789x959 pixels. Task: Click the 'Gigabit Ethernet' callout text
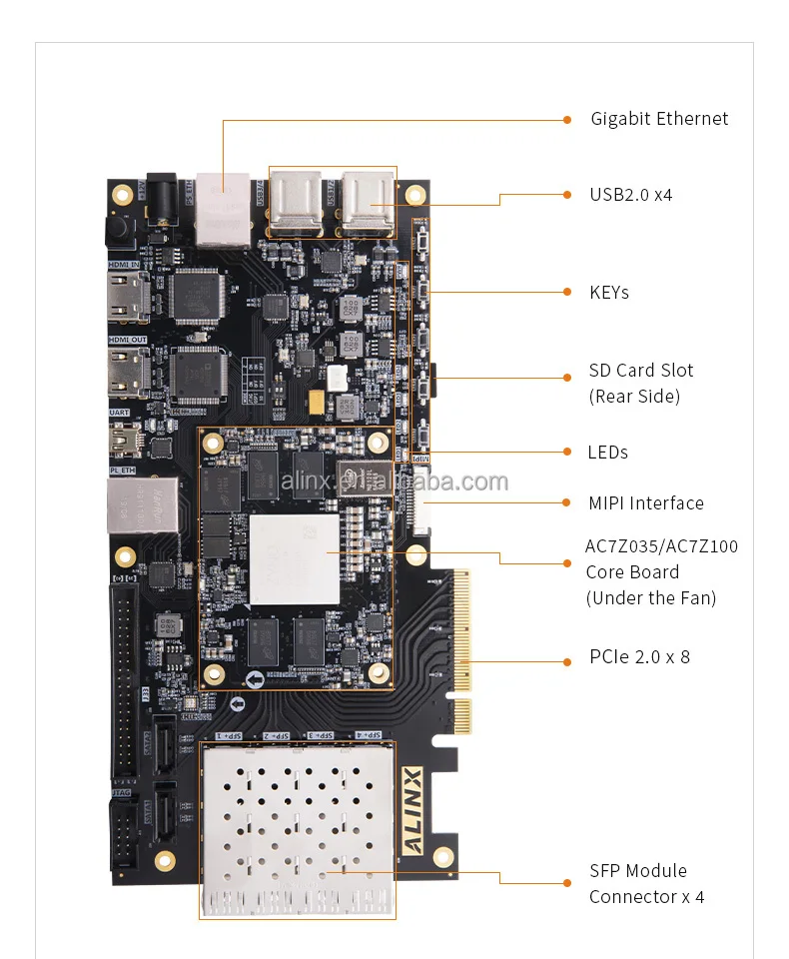point(659,119)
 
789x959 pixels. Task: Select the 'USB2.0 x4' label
point(631,195)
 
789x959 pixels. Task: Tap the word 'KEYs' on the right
point(609,293)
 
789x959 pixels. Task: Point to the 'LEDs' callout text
point(608,453)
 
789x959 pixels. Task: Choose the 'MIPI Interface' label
point(646,503)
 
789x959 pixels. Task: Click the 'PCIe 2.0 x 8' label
point(640,657)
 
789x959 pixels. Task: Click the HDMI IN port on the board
point(128,296)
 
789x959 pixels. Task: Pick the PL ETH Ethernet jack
point(130,505)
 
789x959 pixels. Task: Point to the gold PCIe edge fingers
point(461,650)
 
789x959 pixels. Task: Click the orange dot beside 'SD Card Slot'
point(566,378)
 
